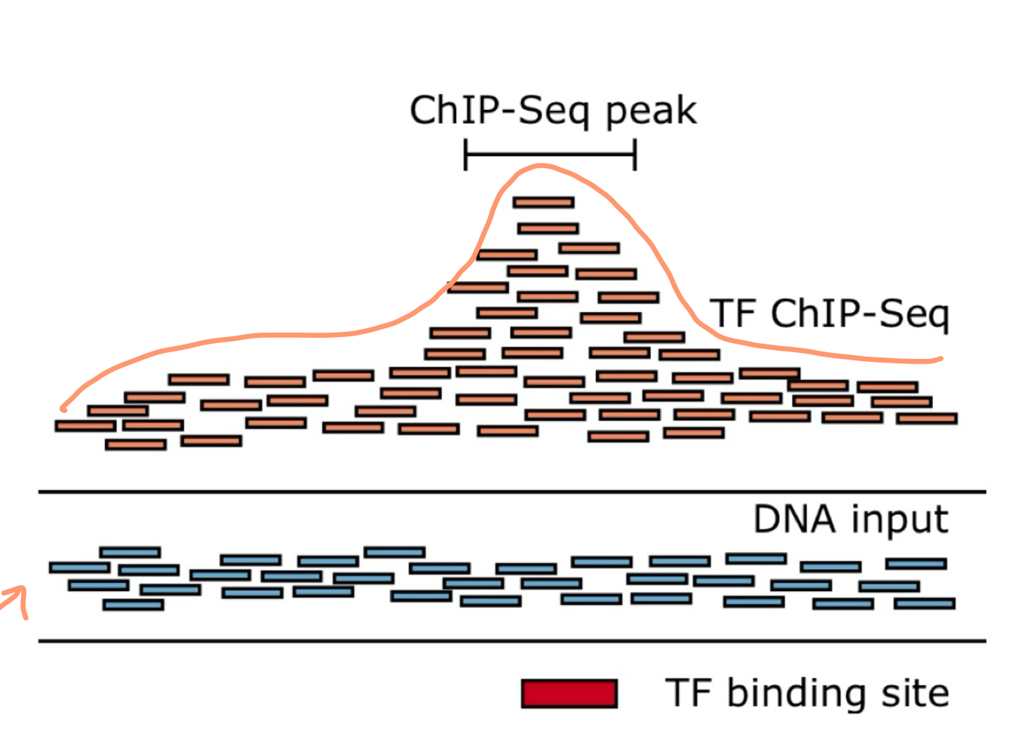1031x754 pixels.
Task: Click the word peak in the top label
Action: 651,112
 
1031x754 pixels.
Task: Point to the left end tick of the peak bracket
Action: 465,155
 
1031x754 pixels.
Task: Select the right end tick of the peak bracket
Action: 635,155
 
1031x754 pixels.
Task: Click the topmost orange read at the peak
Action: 543,202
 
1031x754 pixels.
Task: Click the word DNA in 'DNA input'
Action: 794,520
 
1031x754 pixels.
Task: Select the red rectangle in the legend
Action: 569,694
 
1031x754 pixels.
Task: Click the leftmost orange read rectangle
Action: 85,426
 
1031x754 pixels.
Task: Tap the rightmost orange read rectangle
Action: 927,418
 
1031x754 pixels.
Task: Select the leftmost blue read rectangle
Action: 79,567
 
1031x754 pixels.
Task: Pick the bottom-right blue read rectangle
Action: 925,603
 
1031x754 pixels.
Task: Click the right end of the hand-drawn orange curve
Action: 940,359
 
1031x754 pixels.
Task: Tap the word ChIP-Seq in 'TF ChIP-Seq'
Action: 860,314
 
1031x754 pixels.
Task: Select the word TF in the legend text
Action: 689,693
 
